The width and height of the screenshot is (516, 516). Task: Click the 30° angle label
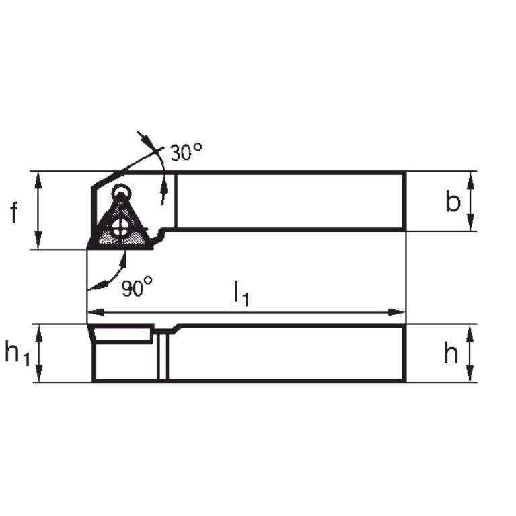(186, 153)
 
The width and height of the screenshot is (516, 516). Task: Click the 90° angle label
(137, 289)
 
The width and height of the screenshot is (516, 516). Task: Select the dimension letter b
(453, 202)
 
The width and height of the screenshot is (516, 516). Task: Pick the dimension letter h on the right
(451, 353)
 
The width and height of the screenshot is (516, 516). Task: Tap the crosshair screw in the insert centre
(121, 227)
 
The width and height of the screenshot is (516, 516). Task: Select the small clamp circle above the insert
(121, 190)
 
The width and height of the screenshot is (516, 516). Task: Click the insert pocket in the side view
(121, 334)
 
